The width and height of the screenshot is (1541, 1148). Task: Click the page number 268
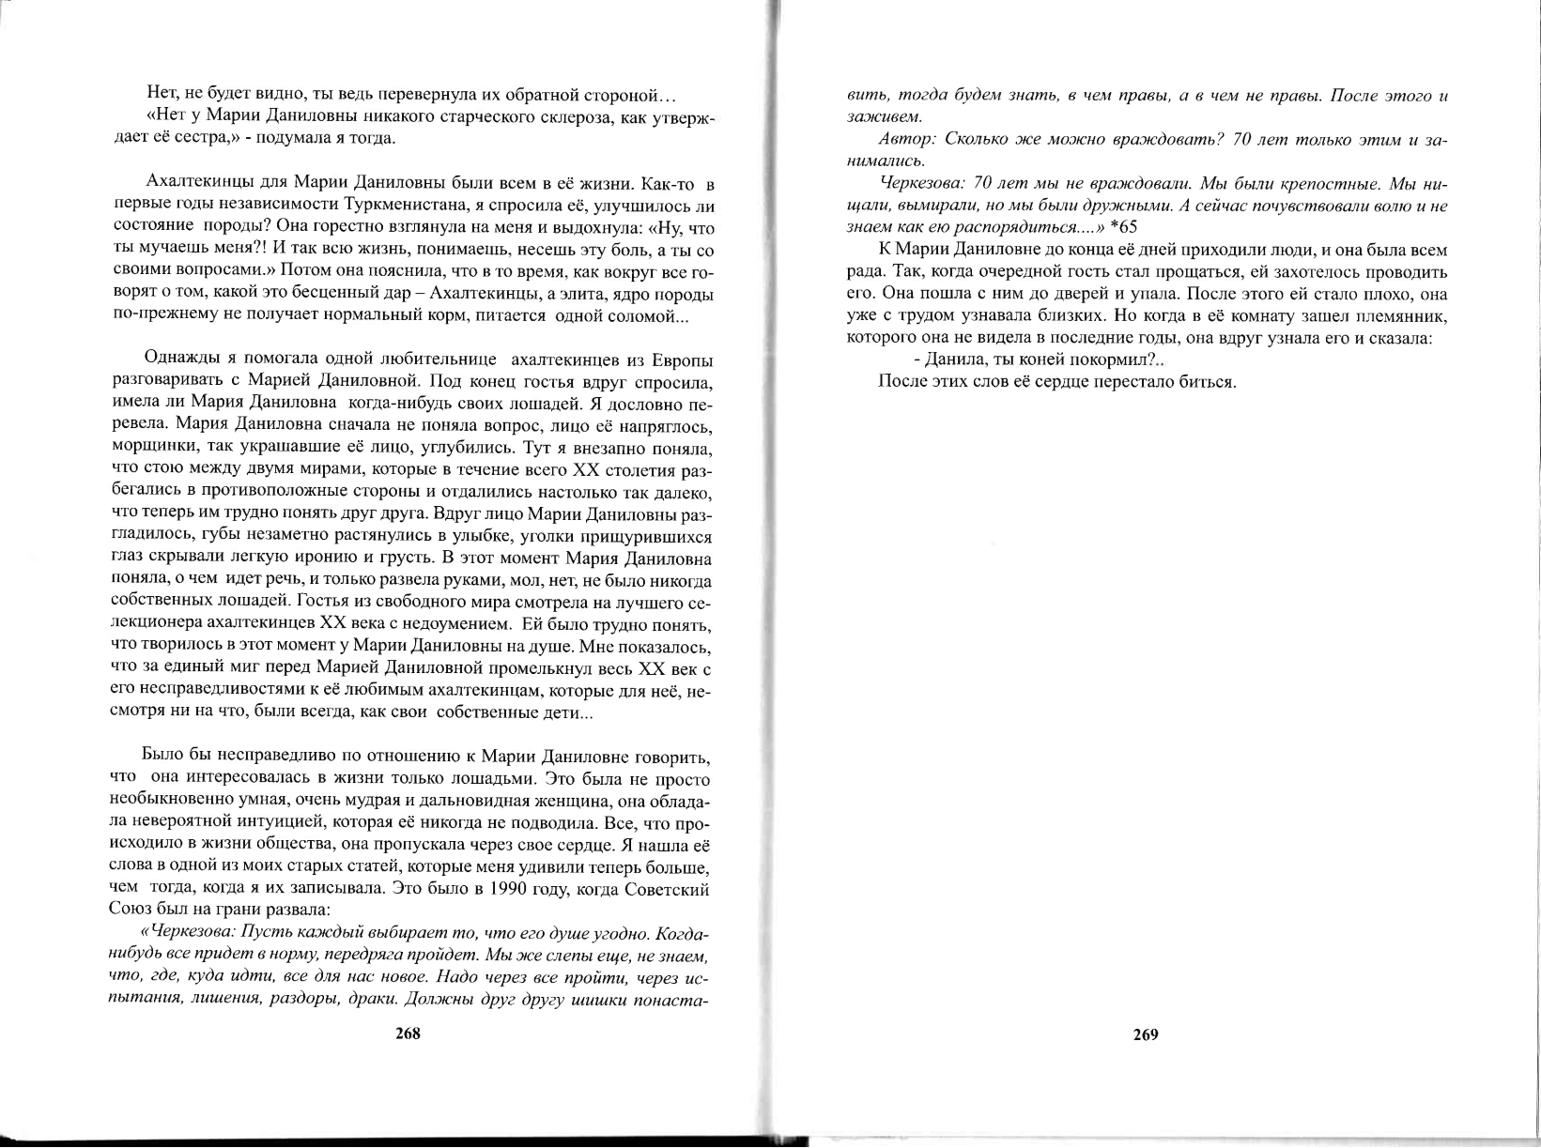(408, 1033)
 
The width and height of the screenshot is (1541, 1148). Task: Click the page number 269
(1146, 1034)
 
